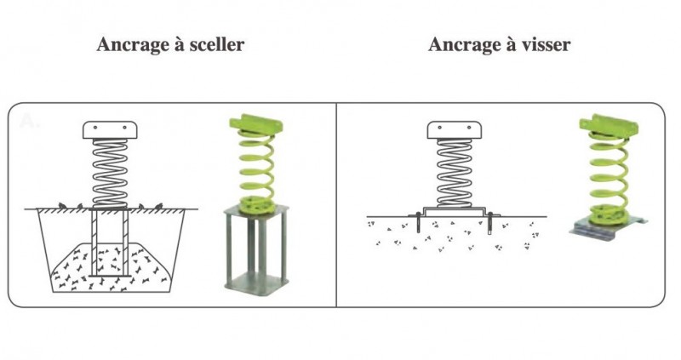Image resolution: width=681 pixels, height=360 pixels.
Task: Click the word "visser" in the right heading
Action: [x=545, y=44]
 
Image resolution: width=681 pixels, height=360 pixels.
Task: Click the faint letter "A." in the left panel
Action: [x=30, y=122]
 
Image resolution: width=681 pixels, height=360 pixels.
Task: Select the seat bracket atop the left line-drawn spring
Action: [x=110, y=130]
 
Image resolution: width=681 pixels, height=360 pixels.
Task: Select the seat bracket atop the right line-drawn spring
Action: [x=455, y=130]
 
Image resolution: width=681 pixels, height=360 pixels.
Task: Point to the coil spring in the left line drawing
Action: [x=110, y=173]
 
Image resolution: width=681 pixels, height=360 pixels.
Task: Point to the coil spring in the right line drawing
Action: [x=455, y=173]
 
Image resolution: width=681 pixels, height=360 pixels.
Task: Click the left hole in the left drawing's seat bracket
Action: [x=95, y=128]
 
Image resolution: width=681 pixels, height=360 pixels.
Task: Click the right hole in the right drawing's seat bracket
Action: [x=469, y=128]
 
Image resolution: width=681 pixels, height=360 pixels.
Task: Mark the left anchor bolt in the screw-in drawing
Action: [x=418, y=222]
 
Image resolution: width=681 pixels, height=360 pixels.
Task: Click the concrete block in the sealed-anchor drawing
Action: [x=110, y=267]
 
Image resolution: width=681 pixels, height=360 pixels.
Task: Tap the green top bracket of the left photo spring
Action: [x=256, y=123]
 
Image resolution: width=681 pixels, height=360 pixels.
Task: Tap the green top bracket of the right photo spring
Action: [x=608, y=124]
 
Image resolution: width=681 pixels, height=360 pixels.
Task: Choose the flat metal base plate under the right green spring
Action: [x=608, y=229]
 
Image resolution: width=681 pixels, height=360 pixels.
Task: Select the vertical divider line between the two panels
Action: [x=336, y=205]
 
